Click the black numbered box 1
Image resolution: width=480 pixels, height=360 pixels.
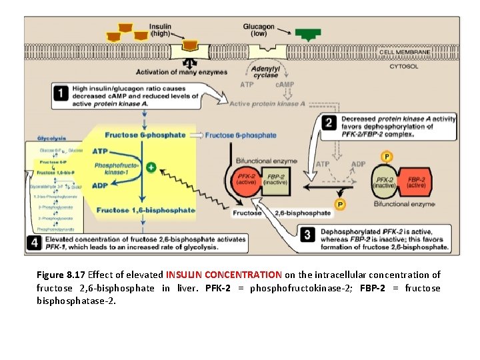[x=61, y=95]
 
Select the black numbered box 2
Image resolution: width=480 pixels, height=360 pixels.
[x=329, y=122]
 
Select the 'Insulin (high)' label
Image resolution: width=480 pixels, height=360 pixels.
[x=160, y=30]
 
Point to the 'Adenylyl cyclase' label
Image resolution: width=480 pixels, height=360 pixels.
[x=265, y=72]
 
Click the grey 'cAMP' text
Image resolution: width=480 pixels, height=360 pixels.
[x=285, y=85]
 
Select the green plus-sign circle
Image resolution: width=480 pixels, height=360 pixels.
[x=151, y=168]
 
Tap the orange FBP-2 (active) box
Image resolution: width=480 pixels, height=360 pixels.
[x=417, y=183]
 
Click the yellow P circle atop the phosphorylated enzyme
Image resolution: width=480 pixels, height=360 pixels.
[x=385, y=157]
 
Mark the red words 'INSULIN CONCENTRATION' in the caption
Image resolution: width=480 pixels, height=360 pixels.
[x=223, y=275]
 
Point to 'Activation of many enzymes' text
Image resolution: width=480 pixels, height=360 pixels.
[x=181, y=72]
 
